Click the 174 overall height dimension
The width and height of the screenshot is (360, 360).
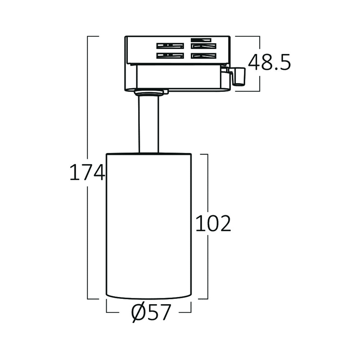87,172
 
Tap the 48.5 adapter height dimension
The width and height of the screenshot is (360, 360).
269,62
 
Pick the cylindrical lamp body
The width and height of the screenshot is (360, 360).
148,226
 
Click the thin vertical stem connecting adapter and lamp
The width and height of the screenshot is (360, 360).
148,124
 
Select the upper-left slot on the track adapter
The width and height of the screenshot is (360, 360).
170,46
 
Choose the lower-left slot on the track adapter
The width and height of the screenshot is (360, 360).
170,56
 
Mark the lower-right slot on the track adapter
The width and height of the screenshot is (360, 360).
203,56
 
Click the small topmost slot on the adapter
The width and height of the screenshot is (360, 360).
201,40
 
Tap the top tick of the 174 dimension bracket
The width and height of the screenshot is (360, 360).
93,36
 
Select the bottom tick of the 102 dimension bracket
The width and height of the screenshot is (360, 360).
203,299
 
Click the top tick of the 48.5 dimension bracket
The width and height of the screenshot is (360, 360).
247,36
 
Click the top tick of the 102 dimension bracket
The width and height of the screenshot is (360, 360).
204,154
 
